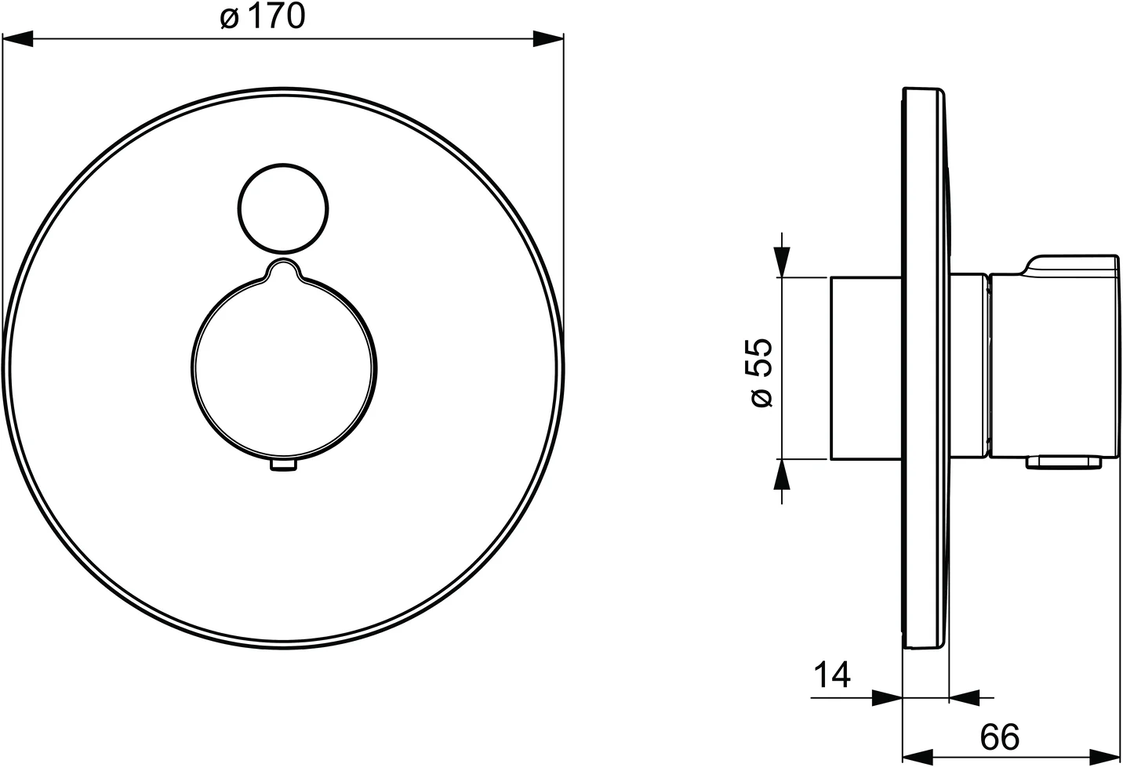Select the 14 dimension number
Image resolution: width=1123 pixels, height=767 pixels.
tap(832, 675)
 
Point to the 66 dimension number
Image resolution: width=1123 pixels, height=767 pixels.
tap(1000, 737)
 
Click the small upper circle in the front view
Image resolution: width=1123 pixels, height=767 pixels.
tap(283, 208)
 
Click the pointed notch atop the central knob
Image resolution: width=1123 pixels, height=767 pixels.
tap(284, 269)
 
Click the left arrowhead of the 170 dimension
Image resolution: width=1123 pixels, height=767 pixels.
tap(18, 39)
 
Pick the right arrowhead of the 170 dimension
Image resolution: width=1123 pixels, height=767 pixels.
tap(548, 39)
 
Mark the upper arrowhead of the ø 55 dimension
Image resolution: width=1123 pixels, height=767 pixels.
tap(782, 262)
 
